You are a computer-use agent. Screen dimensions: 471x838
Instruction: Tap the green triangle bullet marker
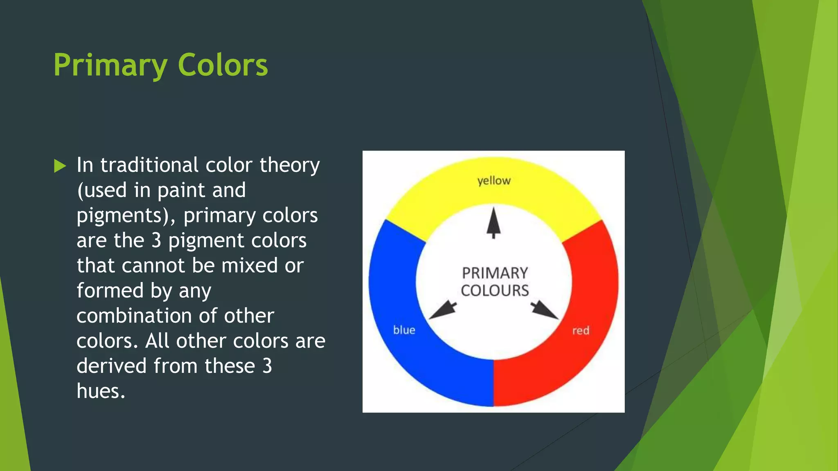click(60, 166)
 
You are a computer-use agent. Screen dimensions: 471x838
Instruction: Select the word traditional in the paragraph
click(149, 165)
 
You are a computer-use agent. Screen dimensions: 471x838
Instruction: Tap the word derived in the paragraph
click(111, 366)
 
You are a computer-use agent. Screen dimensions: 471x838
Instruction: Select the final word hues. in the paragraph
click(101, 391)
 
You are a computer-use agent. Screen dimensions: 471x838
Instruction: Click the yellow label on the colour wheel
click(494, 181)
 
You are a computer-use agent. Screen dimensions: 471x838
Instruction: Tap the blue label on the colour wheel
click(404, 330)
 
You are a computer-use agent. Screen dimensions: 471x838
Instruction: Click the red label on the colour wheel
click(581, 330)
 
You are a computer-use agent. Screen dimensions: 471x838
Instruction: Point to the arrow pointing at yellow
click(493, 223)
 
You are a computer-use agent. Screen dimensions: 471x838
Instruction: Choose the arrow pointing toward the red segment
click(545, 310)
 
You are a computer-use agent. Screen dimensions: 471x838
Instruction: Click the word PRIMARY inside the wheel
click(495, 273)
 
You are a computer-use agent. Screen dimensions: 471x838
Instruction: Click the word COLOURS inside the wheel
click(495, 291)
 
